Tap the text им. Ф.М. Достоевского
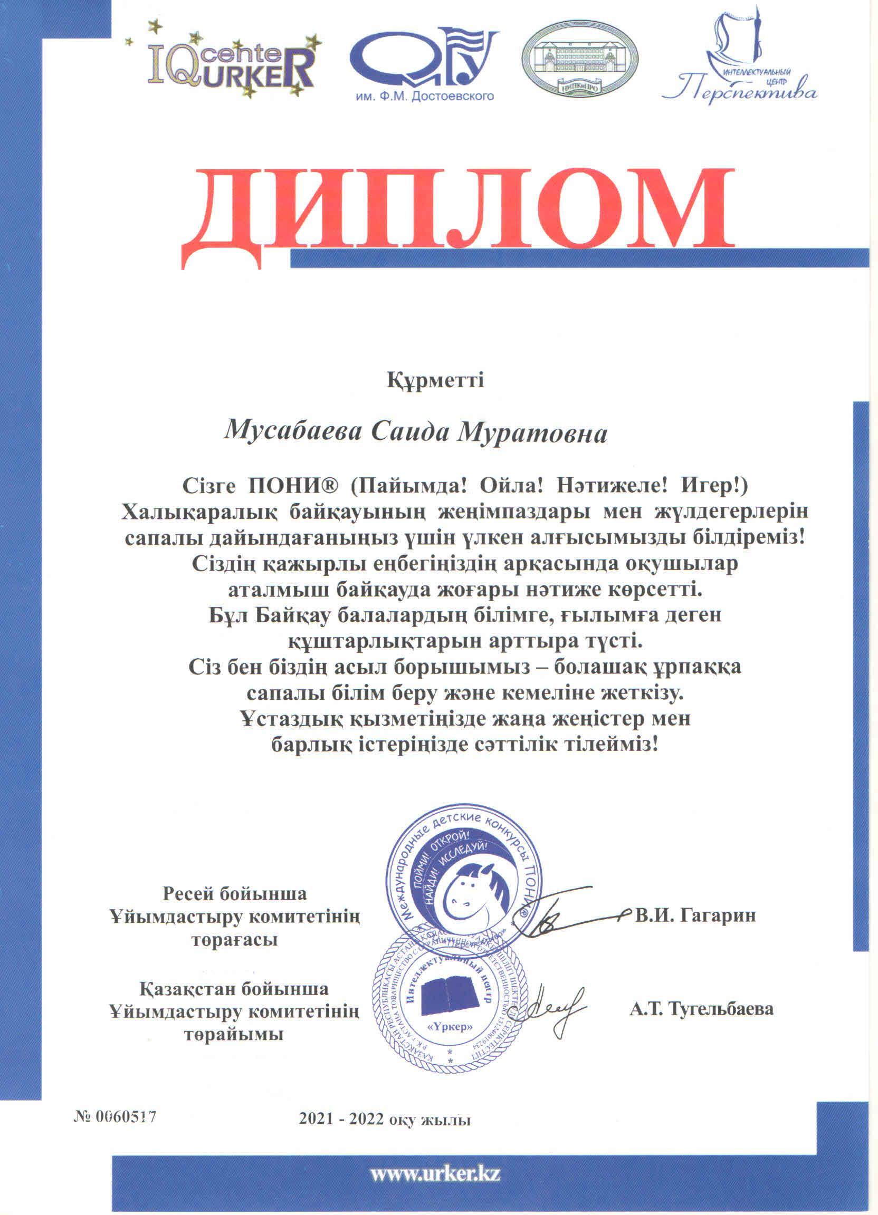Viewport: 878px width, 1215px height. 424,97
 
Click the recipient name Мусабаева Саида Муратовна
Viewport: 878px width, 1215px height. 416,432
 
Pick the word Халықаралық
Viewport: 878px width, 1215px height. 198,512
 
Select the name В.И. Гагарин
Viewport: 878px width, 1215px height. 695,915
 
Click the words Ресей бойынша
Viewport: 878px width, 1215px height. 235,893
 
